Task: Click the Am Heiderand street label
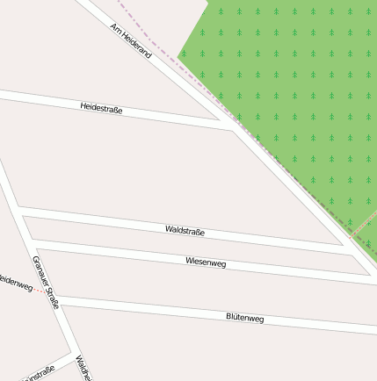(x=131, y=41)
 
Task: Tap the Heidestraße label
(x=101, y=108)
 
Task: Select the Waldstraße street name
(x=185, y=231)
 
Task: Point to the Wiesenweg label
(x=206, y=262)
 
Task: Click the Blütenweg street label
(x=244, y=318)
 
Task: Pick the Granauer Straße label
(x=45, y=283)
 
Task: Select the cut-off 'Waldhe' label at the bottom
(x=81, y=369)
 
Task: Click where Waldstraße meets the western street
(x=18, y=212)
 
